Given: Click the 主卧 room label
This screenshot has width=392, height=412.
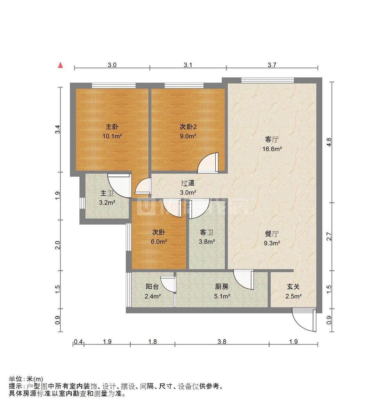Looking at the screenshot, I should [112, 127].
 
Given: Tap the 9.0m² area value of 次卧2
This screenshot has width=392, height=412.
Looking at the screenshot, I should [188, 136].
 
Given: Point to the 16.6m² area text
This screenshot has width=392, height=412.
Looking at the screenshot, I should [272, 149].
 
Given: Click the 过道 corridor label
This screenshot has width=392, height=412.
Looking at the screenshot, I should [188, 183].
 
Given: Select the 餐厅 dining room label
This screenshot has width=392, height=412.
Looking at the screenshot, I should [272, 234].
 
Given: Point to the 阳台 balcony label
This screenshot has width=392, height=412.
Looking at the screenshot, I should [153, 287].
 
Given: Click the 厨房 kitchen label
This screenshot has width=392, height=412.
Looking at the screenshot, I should [222, 287].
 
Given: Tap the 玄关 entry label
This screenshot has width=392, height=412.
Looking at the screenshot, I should [293, 287].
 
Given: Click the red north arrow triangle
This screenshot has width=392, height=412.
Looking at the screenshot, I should [61, 65].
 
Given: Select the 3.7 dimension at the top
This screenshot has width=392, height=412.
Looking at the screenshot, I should [272, 65].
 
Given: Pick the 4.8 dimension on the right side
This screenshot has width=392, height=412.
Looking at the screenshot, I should [329, 142].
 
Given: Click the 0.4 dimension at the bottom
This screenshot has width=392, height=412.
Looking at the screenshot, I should [78, 342].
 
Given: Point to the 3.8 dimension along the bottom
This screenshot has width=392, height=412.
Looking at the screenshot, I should [222, 342].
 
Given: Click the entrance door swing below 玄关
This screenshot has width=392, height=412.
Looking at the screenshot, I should [304, 320].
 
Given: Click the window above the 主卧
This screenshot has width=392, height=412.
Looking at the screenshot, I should [114, 85].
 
